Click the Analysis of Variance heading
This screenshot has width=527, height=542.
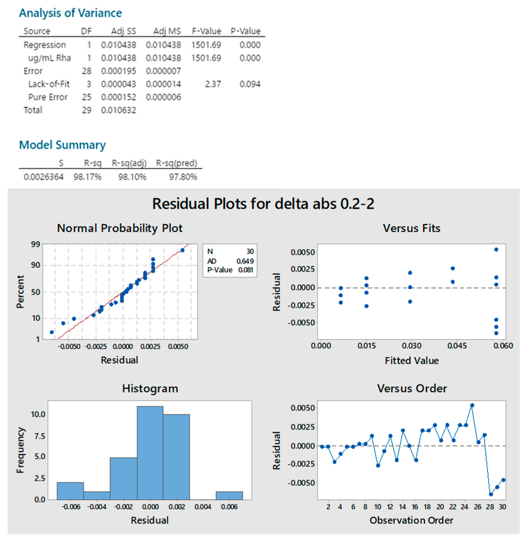click(70, 13)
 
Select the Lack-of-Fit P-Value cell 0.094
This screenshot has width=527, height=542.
click(250, 84)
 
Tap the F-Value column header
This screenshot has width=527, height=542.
click(206, 31)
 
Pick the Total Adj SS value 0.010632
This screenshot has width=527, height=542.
click(119, 110)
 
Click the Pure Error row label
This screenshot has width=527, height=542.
click(48, 97)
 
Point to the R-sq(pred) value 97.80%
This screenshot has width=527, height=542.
click(183, 177)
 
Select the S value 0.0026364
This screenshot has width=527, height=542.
click(43, 177)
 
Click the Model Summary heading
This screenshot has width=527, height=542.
click(62, 145)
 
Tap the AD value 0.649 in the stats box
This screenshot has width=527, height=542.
click(245, 261)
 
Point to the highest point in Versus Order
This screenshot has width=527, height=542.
click(472, 405)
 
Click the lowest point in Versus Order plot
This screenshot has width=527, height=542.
click(491, 494)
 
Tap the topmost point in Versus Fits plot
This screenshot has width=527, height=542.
click(496, 250)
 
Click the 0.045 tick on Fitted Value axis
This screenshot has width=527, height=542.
click(457, 346)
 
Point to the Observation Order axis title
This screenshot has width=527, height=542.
click(411, 520)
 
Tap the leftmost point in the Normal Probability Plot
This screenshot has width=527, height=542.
click(52, 332)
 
